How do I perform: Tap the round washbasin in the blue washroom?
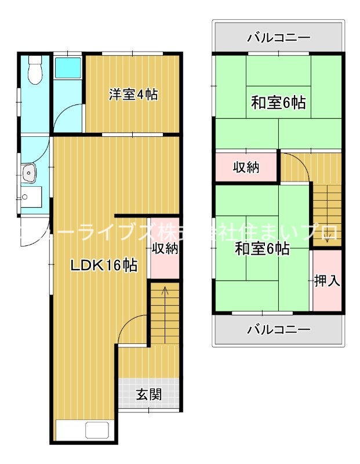(29, 173)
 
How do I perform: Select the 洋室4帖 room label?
(133, 95)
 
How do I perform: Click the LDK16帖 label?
(104, 266)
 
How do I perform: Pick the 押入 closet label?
(326, 281)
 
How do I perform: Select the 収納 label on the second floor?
(246, 168)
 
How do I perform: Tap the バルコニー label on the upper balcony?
(278, 38)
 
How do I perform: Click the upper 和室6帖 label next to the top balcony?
(278, 103)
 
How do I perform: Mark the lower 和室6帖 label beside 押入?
(262, 249)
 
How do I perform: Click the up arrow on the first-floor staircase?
(165, 293)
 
